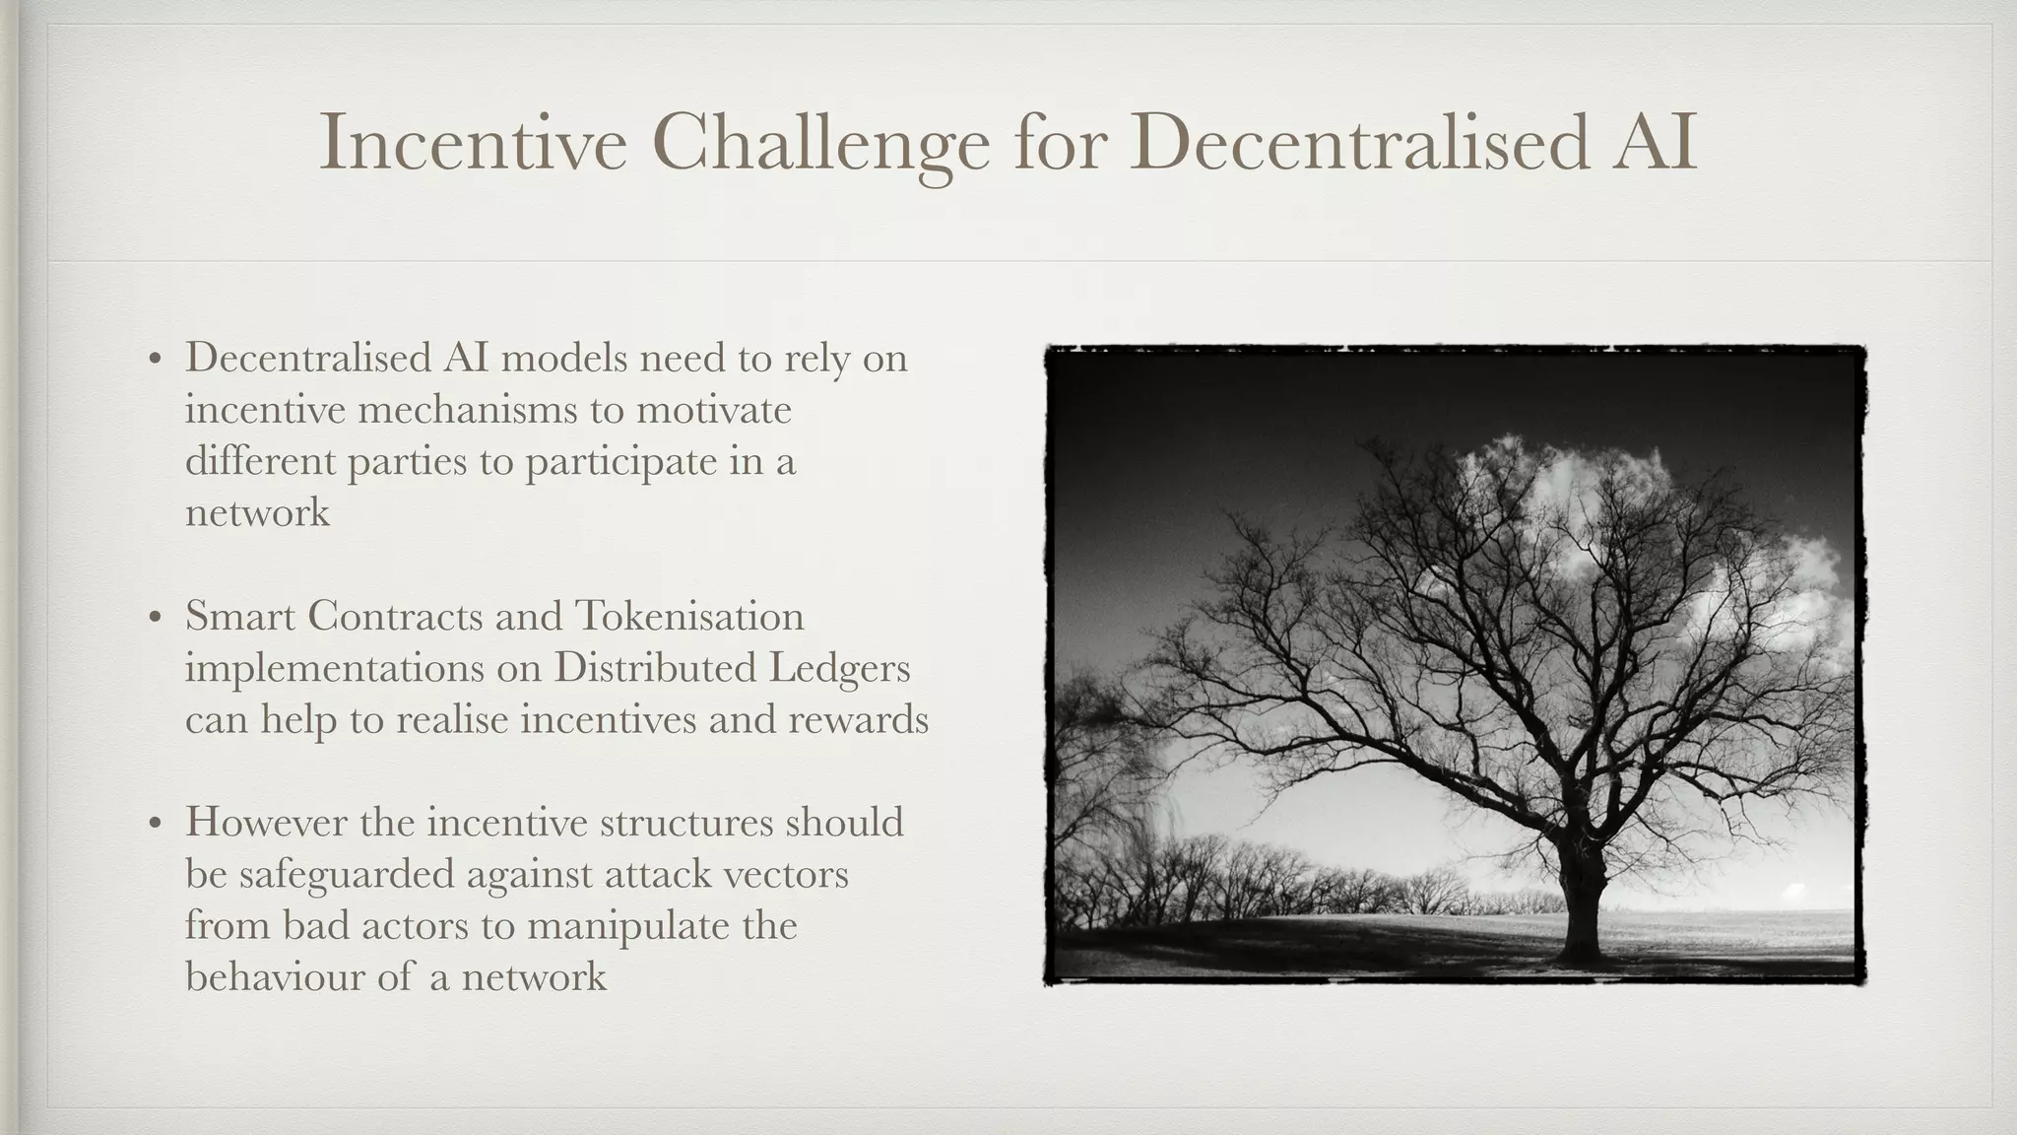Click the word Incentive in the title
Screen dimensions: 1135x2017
tap(473, 144)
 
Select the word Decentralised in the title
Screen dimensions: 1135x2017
tap(1359, 144)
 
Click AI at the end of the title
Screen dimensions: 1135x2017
tap(1655, 144)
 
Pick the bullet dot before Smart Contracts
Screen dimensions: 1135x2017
tap(154, 619)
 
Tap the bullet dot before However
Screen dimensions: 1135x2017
tap(154, 825)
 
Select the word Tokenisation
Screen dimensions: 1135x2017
tap(689, 617)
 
